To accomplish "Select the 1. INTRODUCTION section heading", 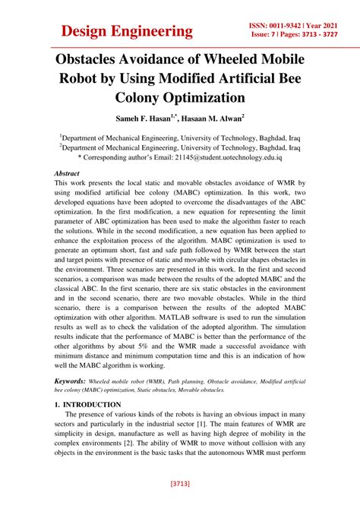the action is [87, 405].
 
